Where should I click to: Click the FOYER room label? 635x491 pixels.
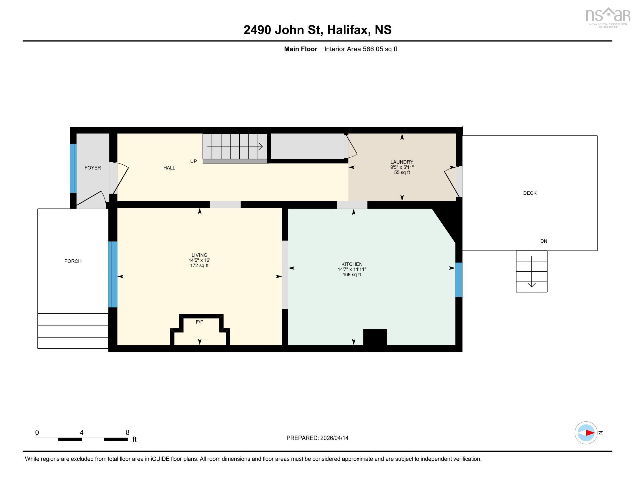[93, 168]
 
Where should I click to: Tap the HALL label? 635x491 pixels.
[169, 168]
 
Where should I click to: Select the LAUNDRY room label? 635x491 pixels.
[402, 162]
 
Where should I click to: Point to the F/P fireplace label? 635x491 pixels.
[199, 322]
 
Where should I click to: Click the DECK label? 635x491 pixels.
[530, 193]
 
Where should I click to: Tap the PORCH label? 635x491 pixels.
[73, 261]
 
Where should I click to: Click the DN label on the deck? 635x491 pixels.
[544, 241]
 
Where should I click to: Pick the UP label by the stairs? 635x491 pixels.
[193, 161]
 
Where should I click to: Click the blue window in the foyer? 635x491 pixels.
[73, 168]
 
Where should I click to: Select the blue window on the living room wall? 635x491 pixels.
[113, 274]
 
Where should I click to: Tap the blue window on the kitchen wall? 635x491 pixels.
[459, 280]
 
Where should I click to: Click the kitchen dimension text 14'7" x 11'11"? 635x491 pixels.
[352, 270]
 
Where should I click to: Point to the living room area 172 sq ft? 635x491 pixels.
[199, 265]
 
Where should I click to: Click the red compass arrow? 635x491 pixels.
[590, 433]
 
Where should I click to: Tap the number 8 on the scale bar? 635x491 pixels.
[127, 433]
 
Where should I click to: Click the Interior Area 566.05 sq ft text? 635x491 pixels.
[361, 49]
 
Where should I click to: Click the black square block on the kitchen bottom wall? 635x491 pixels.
[375, 337]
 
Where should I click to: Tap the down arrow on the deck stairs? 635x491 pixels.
[532, 271]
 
